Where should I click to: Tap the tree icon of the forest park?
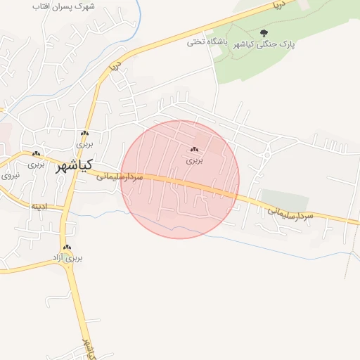pos(264,32)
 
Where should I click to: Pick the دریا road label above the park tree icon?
pos(278,6)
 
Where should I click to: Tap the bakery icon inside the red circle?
pos(194,149)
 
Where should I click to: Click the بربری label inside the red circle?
pos(194,160)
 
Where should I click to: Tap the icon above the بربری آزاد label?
pos(67,247)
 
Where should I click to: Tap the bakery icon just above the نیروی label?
pos(35,154)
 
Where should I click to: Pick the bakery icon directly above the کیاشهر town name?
pos(84,133)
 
